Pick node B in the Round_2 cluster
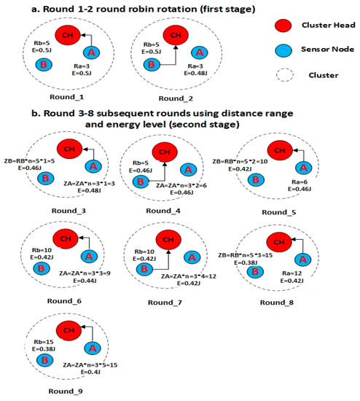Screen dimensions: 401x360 point(152,65)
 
